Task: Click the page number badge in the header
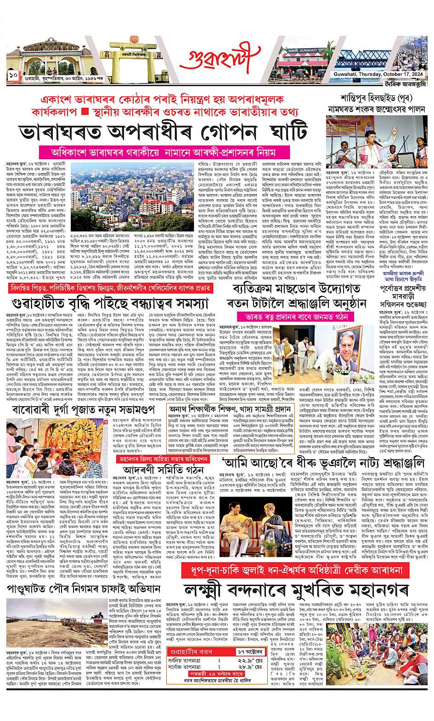tap(12, 74)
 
